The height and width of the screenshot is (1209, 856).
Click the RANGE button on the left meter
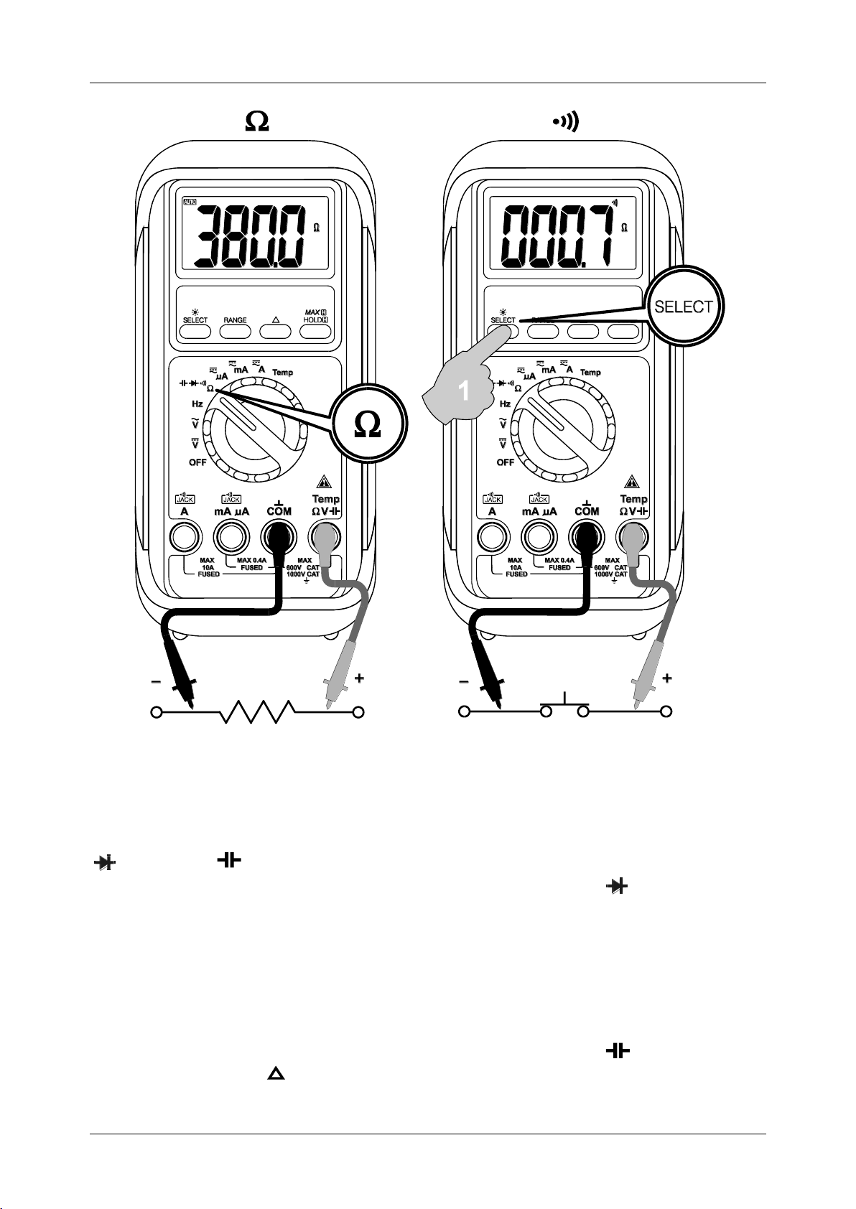click(235, 332)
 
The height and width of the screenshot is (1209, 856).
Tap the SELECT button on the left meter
click(195, 332)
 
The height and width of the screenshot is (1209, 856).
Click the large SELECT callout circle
click(683, 307)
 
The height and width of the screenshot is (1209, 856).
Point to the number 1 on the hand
click(465, 391)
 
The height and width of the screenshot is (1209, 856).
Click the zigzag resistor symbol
click(259, 712)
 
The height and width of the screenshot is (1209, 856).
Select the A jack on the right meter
click(492, 536)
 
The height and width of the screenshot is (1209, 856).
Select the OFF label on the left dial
click(197, 462)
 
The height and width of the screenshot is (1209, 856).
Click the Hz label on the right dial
click(505, 404)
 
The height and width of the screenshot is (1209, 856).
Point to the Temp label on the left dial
click(282, 373)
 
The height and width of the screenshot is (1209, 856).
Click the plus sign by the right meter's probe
click(667, 678)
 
